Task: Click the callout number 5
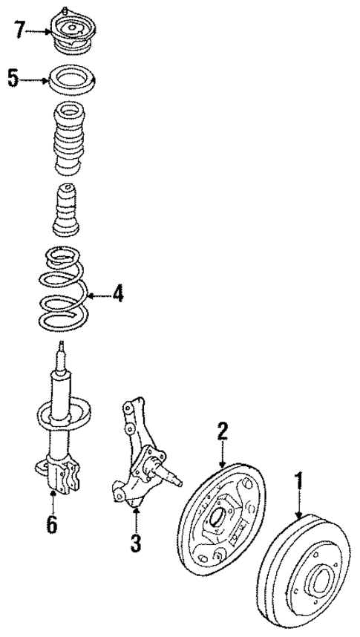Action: click(13, 78)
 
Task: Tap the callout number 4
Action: click(117, 295)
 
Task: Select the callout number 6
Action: click(51, 524)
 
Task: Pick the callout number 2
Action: click(221, 431)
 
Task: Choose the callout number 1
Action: click(300, 483)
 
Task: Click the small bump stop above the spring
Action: click(69, 209)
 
